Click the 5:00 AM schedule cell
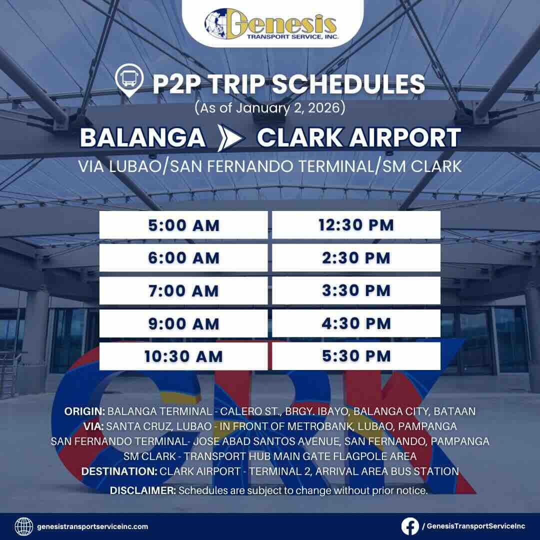click(x=183, y=225)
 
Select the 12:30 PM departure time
click(x=356, y=225)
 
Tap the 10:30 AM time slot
click(x=183, y=356)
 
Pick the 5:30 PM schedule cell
click(x=356, y=356)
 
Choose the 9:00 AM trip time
click(x=183, y=323)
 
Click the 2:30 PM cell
click(x=356, y=258)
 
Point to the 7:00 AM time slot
click(x=183, y=290)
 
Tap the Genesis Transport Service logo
click(x=270, y=23)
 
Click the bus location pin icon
click(x=126, y=81)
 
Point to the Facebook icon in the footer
click(x=410, y=526)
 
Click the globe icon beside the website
click(x=24, y=526)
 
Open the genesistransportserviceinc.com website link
click(x=93, y=526)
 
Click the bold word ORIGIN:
click(x=84, y=411)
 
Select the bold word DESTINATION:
click(x=119, y=471)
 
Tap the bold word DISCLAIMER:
click(x=142, y=490)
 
